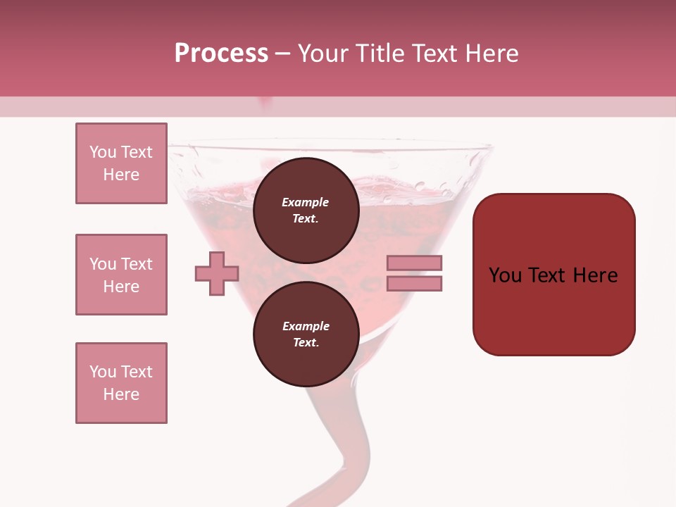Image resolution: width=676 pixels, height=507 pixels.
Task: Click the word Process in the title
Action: (221, 54)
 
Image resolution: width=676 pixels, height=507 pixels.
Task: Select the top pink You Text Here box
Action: (121, 163)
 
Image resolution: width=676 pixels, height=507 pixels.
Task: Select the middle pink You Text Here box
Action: (121, 275)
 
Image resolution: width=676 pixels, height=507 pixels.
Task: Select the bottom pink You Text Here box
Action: (121, 383)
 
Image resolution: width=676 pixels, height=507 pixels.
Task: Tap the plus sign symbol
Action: (217, 274)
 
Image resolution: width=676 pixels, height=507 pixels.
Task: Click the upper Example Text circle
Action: (306, 210)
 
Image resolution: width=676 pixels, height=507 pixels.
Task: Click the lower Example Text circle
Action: (306, 334)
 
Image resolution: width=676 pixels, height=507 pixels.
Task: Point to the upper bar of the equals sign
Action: (414, 263)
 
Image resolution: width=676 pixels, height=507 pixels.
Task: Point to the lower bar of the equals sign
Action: (414, 284)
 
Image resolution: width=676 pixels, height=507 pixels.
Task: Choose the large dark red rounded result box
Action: (553, 275)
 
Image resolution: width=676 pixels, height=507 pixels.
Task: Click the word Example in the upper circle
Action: (306, 202)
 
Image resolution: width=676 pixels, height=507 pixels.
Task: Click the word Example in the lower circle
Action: (306, 326)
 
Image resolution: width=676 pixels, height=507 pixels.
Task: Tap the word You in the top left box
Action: (103, 152)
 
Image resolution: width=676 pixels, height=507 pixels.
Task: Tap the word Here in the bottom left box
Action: (121, 394)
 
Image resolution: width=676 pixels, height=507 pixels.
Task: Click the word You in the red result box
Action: (505, 275)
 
